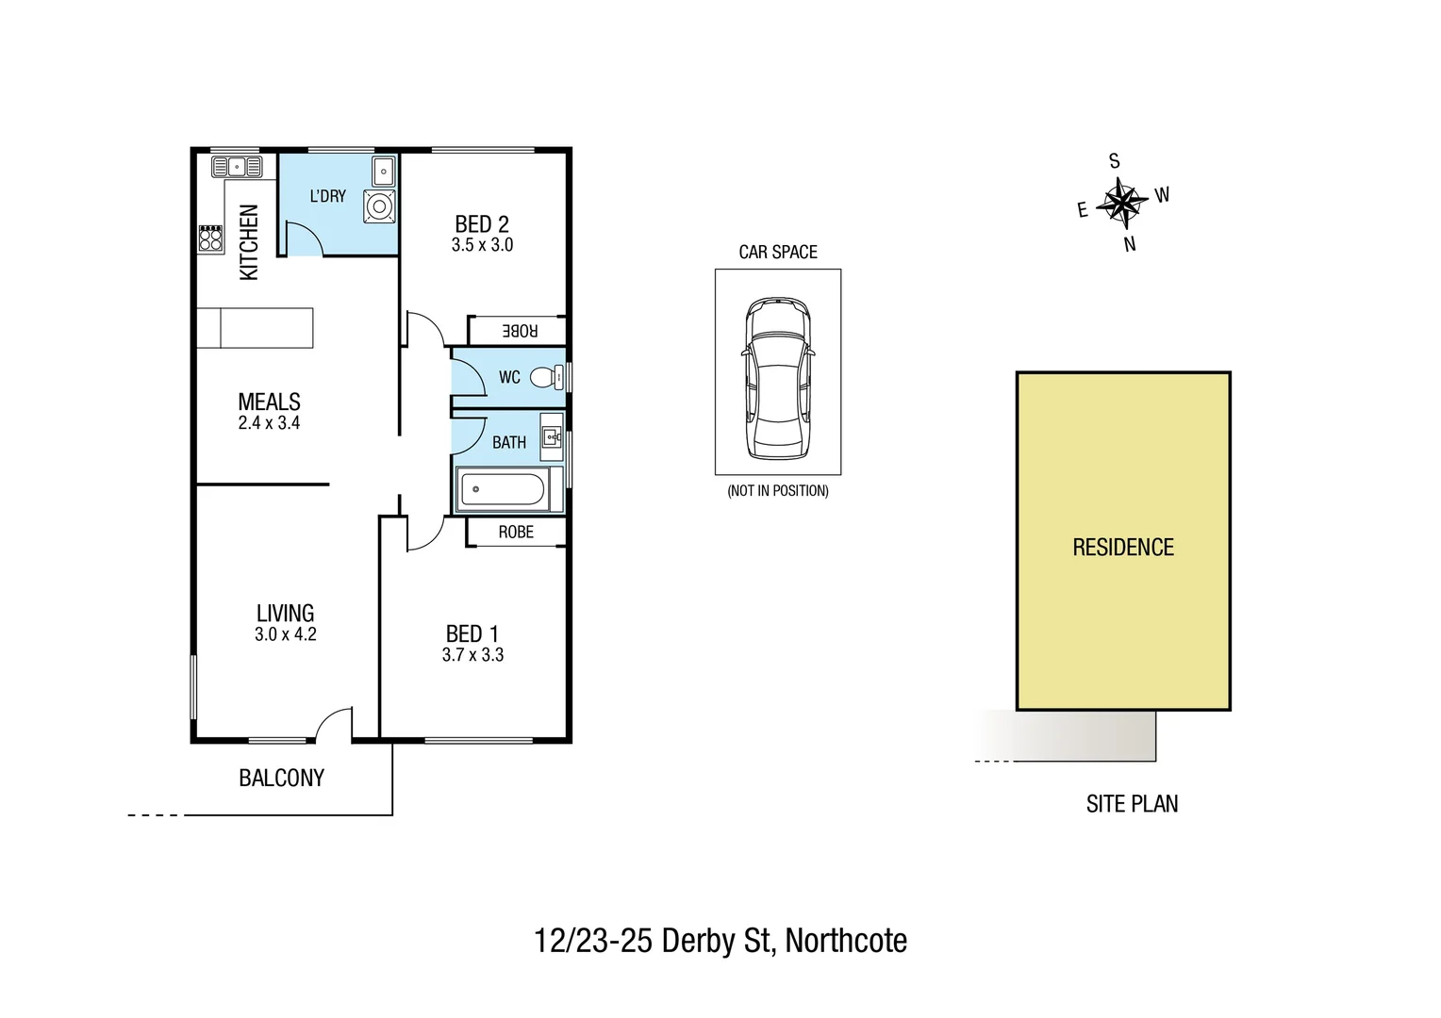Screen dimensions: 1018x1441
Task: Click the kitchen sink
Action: tap(237, 168)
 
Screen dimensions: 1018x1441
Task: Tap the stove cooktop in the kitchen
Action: tap(210, 238)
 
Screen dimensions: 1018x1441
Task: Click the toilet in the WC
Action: tap(543, 377)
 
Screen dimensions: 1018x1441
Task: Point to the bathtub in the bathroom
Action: tap(501, 490)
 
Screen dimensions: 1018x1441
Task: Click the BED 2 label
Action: tap(482, 223)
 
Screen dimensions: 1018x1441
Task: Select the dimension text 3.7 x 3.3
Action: tap(472, 655)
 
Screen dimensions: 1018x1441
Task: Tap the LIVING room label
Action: tap(285, 613)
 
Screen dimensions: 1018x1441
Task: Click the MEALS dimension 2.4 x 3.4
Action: tap(269, 423)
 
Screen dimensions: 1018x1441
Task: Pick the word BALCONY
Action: tap(281, 778)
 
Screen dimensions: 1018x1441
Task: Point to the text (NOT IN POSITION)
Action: tap(777, 491)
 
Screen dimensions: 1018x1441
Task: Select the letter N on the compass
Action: tap(1130, 244)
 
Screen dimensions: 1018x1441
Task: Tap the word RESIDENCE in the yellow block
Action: tap(1122, 548)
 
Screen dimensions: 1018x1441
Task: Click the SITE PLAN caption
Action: tap(1132, 804)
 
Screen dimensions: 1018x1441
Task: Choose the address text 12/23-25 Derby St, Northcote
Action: tap(720, 941)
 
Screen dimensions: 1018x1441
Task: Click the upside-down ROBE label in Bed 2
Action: tap(520, 331)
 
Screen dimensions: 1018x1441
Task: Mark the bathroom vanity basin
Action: tap(552, 436)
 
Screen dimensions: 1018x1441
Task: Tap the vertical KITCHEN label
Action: tap(249, 242)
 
